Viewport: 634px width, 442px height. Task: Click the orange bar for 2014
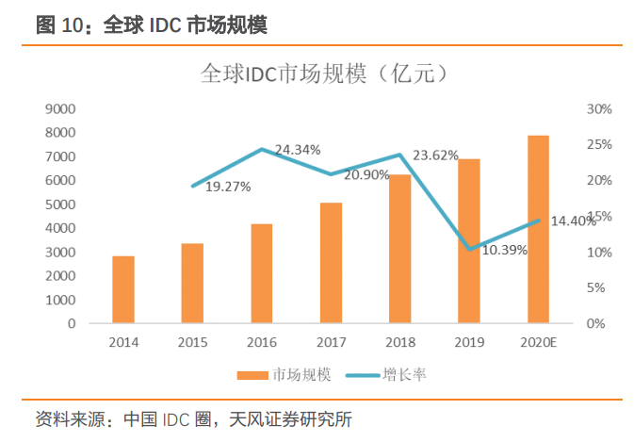pos(123,289)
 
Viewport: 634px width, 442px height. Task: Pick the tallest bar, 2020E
pos(538,229)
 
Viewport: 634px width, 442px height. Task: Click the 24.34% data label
pos(298,149)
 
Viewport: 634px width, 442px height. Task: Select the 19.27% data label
pos(228,187)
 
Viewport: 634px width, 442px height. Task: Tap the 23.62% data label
pos(436,156)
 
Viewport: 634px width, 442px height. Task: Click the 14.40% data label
pos(573,221)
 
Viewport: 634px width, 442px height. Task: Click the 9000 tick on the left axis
pos(60,109)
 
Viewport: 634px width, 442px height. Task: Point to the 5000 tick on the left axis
pos(60,205)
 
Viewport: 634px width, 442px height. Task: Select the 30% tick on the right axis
pos(599,109)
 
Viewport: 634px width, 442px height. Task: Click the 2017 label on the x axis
pos(331,342)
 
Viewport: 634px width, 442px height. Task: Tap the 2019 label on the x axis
pos(469,342)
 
